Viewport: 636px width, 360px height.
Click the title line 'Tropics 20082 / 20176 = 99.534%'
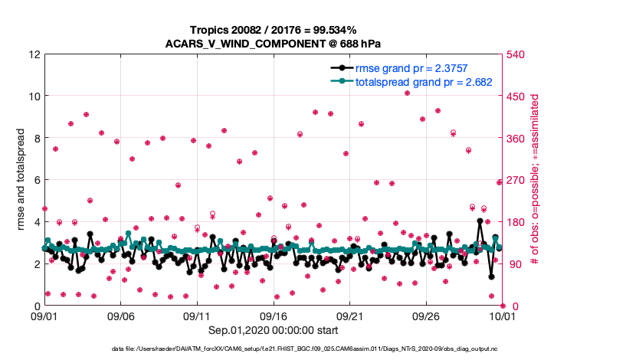pyautogui.click(x=274, y=30)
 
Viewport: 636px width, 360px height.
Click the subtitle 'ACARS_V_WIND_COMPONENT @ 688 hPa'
pyautogui.click(x=274, y=43)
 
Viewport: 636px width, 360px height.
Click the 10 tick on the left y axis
pyautogui.click(x=34, y=97)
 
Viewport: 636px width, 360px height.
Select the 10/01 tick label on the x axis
pyautogui.click(x=503, y=316)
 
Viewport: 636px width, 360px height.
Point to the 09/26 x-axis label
pyautogui.click(x=426, y=316)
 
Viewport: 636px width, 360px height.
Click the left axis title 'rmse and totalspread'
pyautogui.click(x=21, y=181)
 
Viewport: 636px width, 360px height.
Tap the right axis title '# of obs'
pyautogui.click(x=536, y=181)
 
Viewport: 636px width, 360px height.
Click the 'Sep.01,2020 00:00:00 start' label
pyautogui.click(x=274, y=332)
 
